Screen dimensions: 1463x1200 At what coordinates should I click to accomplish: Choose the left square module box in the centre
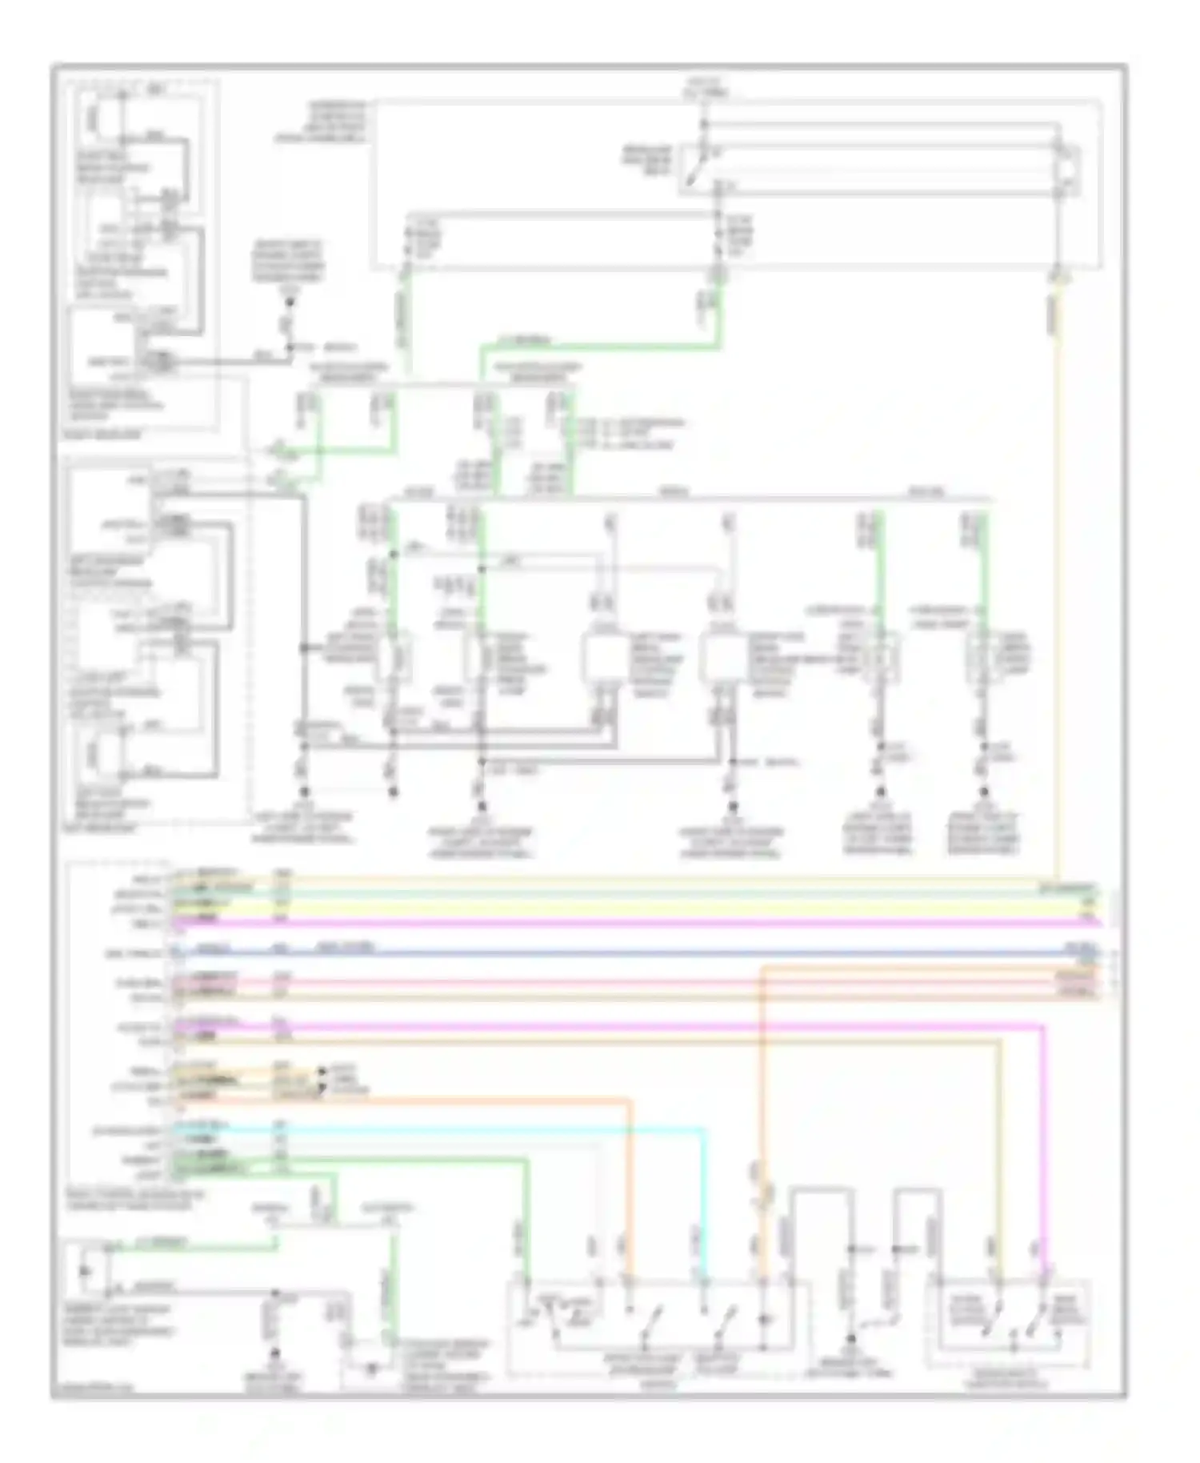pos(606,656)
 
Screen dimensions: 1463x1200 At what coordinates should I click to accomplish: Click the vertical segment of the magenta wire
pos(1042,1144)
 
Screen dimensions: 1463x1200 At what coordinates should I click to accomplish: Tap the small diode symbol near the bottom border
pos(370,1370)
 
